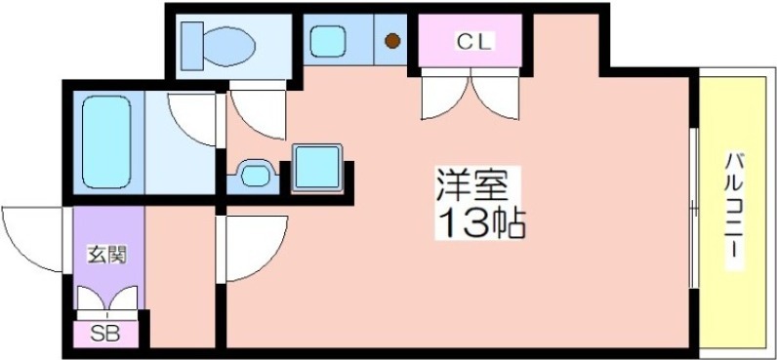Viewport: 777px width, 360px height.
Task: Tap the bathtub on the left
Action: (106, 142)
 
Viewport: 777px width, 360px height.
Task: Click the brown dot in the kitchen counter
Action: (392, 42)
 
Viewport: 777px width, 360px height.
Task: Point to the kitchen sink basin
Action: (328, 41)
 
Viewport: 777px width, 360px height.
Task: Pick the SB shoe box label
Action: (105, 333)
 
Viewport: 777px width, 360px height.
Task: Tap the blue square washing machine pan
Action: (316, 167)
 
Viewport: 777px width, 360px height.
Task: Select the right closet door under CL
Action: (496, 98)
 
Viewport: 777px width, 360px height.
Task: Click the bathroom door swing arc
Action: (193, 117)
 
